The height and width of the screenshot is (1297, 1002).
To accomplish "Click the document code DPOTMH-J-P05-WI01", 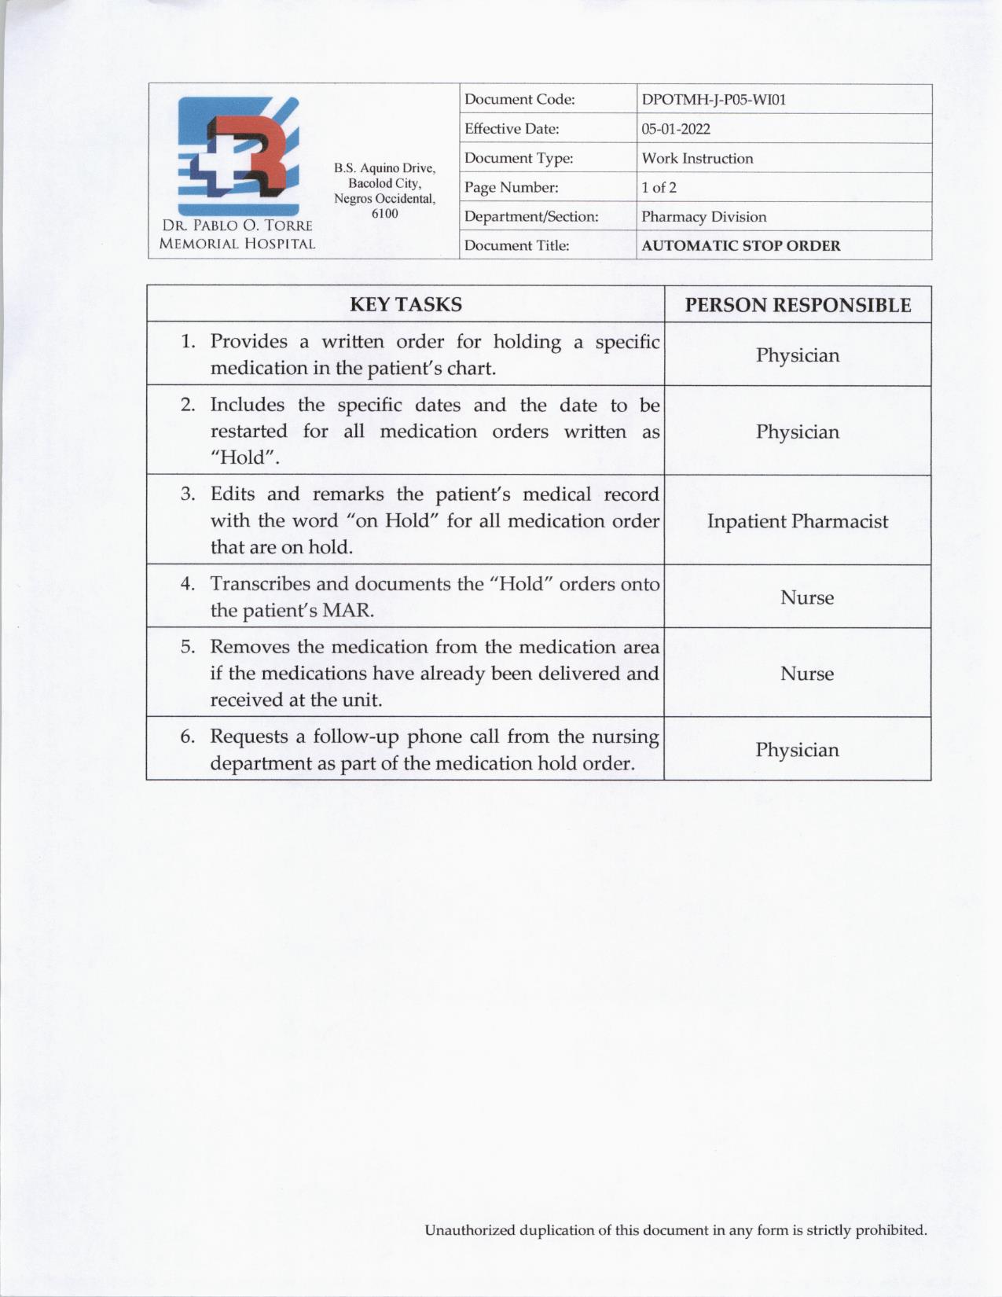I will [x=714, y=100].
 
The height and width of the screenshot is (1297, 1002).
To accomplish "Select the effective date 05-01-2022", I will [x=675, y=129].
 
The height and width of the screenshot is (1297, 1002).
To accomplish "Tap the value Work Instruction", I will [x=697, y=158].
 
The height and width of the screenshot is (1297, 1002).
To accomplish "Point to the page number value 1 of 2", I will [x=659, y=187].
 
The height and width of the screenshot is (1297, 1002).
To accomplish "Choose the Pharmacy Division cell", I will [x=703, y=217].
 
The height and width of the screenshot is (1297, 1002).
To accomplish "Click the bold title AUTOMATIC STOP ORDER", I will [x=740, y=245].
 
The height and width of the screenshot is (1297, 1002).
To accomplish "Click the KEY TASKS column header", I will [x=406, y=304].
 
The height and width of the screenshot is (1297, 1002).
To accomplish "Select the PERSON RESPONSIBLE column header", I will [x=798, y=305].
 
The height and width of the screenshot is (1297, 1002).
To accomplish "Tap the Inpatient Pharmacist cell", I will [x=798, y=521].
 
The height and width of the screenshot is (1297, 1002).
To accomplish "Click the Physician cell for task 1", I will [x=798, y=355].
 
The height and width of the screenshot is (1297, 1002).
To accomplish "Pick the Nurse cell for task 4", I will [x=807, y=597].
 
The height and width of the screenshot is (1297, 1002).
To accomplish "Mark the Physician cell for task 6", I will [x=798, y=750].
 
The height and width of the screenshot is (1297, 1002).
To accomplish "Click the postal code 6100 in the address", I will [x=384, y=214].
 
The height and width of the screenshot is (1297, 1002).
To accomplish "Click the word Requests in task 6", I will [x=249, y=737].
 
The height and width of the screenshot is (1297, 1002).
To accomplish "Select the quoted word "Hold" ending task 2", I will [x=244, y=458].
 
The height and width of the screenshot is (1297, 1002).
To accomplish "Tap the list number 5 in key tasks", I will [x=187, y=647].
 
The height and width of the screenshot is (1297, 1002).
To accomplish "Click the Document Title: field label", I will [x=516, y=245].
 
